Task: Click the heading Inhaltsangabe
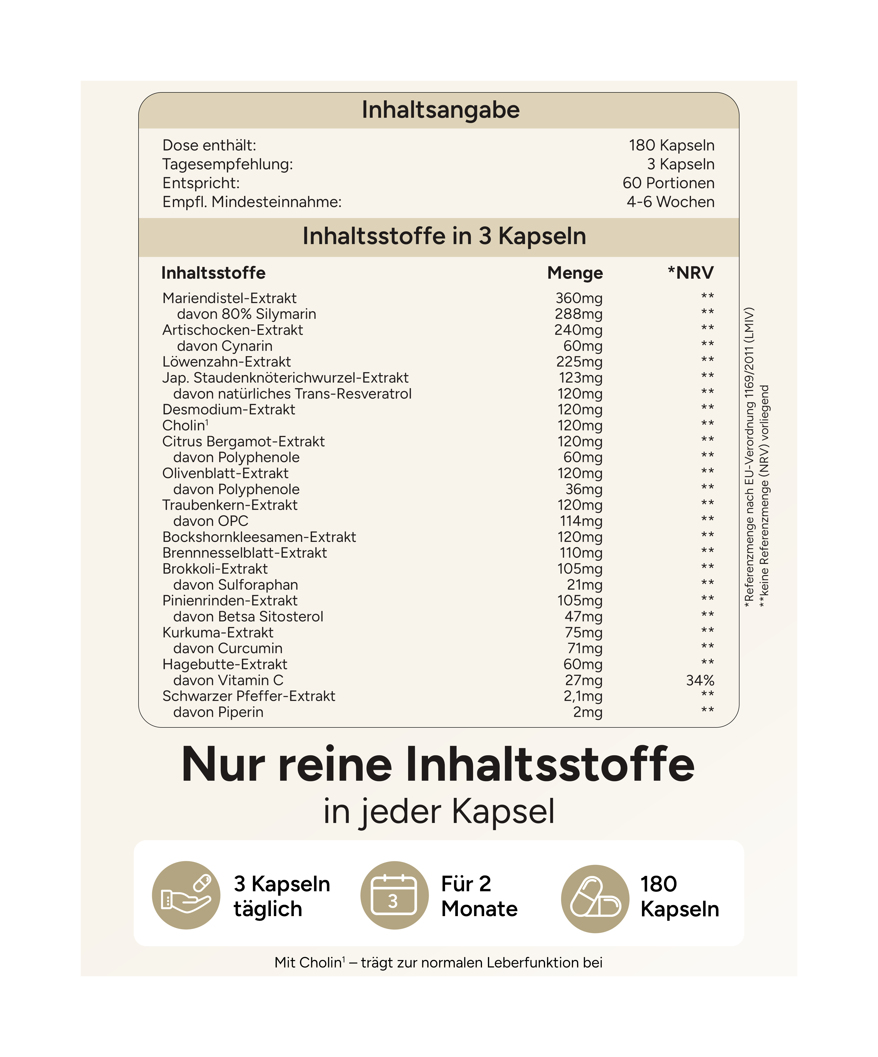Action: (440, 110)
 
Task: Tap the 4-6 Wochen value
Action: (670, 202)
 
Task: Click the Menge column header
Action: (575, 273)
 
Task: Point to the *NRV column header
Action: (690, 273)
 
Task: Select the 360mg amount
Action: (579, 298)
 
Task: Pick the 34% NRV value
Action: (700, 681)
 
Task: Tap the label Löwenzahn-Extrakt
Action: (227, 362)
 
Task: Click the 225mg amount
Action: (579, 362)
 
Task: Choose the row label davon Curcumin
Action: (228, 648)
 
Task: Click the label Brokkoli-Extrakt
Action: (215, 569)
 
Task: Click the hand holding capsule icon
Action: (186, 895)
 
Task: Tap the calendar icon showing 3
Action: (394, 895)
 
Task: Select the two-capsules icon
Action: (595, 898)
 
